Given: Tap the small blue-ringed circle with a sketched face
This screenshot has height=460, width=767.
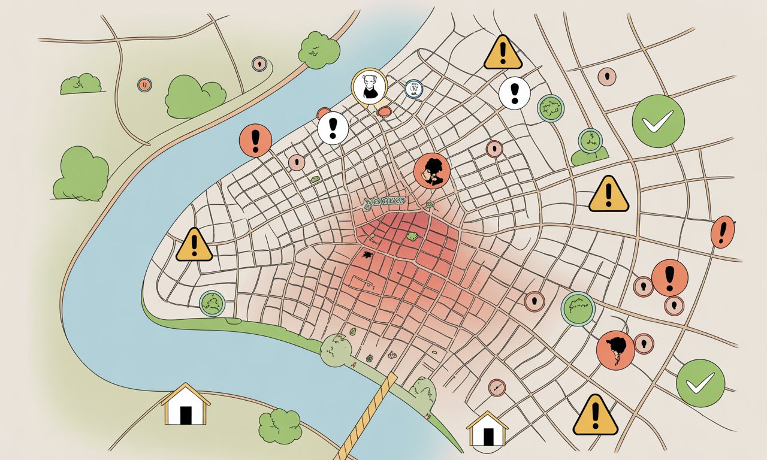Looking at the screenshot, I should pos(413,89).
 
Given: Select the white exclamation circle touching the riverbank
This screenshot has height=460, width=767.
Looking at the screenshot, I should pos(333,128).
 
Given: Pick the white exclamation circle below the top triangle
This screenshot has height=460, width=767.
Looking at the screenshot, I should pos(514,93).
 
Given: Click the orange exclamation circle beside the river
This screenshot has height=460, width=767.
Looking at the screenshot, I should pos(256,140).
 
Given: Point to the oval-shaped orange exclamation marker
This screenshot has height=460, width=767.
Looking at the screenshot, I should pos(723,232).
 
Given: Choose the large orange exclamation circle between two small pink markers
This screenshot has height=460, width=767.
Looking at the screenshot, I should pos(669,277).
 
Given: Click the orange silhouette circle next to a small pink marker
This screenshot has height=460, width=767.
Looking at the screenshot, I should pos(615,349).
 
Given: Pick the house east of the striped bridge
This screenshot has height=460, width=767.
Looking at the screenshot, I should pos(487,429).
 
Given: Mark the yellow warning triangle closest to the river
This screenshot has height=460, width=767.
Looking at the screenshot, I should pos(194,244).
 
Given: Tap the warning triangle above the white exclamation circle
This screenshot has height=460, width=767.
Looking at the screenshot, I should pos(503,52).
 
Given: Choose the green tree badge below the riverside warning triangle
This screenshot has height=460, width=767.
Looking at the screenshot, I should pos(212,303).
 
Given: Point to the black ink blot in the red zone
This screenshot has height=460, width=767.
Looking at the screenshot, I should pos(367,255).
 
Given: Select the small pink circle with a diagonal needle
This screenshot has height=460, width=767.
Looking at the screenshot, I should pos(497,388).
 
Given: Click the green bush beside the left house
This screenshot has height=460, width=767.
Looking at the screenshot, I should pos(280,426).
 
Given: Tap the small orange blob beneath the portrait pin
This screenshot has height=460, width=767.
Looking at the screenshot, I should pos(384,111).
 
